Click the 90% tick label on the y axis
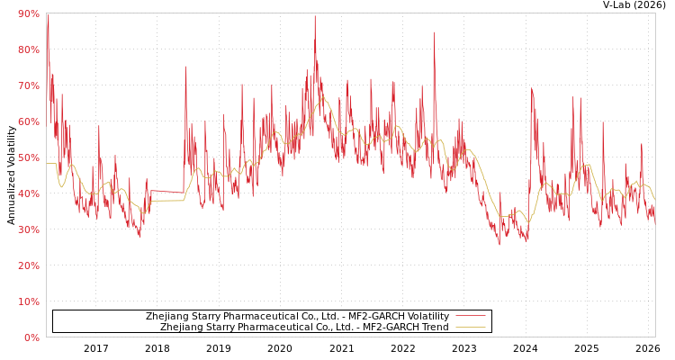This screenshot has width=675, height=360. [x=28, y=13]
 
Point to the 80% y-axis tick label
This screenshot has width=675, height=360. [x=28, y=49]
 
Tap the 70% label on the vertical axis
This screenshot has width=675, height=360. [x=28, y=85]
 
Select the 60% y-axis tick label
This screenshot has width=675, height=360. [x=28, y=121]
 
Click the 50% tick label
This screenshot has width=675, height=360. [x=28, y=157]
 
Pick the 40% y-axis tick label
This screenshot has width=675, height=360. [x=28, y=193]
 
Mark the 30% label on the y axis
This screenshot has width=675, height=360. [x=28, y=229]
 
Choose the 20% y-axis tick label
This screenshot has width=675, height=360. [x=28, y=265]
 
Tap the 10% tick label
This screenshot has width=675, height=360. [x=28, y=301]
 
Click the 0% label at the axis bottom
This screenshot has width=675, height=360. [x=31, y=337]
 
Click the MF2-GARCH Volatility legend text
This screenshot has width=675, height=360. [x=297, y=317]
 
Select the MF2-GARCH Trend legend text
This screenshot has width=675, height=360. [x=304, y=328]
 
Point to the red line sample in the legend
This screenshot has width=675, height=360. [x=470, y=317]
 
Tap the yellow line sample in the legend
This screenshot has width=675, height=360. [x=470, y=328]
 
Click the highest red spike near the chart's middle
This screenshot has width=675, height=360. [x=314, y=16]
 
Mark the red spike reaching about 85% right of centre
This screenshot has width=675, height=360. [x=434, y=33]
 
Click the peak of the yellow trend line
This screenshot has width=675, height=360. [x=322, y=97]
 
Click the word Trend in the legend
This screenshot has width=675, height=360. [x=433, y=328]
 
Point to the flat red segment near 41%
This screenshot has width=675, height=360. [x=166, y=191]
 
